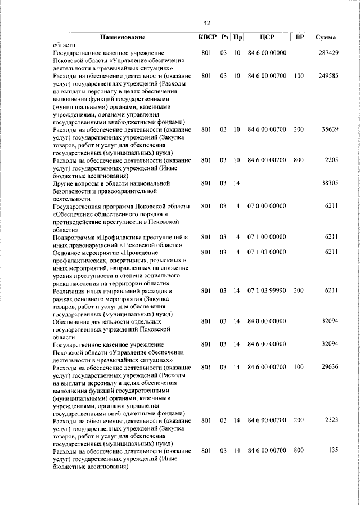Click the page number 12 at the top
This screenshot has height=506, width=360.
coord(207,23)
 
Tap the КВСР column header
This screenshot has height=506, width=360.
coord(205,37)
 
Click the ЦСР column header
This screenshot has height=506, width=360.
coord(267,37)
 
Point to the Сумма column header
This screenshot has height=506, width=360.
coord(326,38)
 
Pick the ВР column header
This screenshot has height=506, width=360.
coord(300,37)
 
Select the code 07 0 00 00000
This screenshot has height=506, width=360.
coord(267,207)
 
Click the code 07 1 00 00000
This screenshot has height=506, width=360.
coord(267,237)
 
